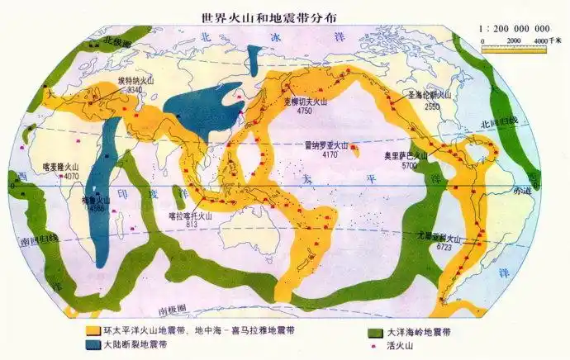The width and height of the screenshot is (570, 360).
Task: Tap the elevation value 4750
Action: click(x=305, y=110)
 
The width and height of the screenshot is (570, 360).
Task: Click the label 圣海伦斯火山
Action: click(x=430, y=96)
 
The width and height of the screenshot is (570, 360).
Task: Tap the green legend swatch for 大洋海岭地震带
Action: click(x=373, y=329)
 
